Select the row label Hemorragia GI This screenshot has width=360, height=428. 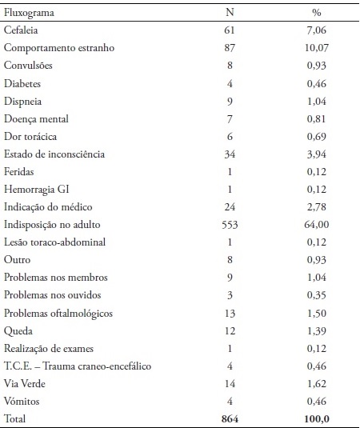point(37,190)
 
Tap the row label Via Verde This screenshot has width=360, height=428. point(24,383)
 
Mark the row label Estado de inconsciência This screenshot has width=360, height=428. point(54,154)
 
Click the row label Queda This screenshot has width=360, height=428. point(18,330)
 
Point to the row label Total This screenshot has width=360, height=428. point(17,418)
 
